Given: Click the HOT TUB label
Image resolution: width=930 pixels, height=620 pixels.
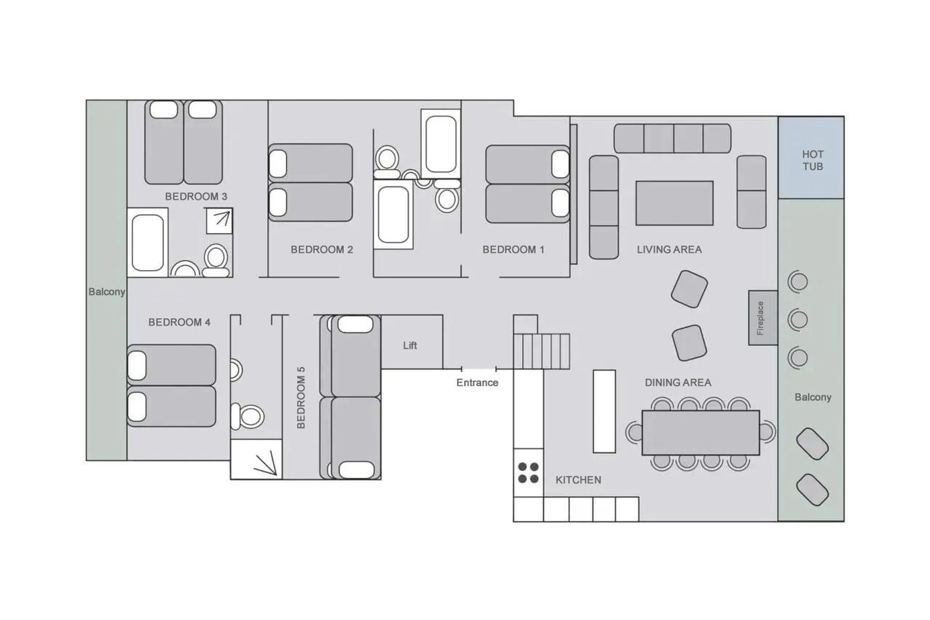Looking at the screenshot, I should [x=812, y=160].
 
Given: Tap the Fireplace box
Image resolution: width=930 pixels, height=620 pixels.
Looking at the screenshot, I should [x=762, y=318].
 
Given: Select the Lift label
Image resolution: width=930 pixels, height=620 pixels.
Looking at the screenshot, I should [x=410, y=345].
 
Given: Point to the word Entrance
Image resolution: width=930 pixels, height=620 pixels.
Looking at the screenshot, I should [x=477, y=382].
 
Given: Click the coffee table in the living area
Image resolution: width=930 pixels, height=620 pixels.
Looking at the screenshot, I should [x=674, y=203].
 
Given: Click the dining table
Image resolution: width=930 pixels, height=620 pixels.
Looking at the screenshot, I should [x=700, y=432].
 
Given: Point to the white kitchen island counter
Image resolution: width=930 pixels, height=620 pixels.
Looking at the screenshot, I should [x=604, y=411].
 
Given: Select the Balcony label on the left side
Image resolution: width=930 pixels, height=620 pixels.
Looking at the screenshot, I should [x=106, y=291].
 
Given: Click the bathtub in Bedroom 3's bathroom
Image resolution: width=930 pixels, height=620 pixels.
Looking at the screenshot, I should [x=147, y=242].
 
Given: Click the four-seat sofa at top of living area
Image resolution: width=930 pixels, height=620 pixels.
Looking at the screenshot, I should [x=672, y=138].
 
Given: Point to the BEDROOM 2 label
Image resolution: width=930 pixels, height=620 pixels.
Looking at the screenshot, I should [x=321, y=250].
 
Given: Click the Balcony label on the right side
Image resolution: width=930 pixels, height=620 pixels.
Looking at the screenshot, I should [x=812, y=397].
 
